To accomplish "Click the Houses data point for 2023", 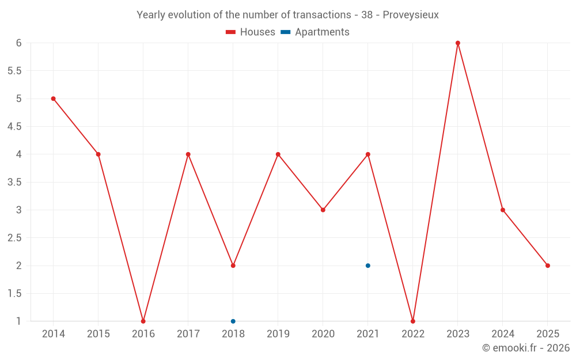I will [458, 43].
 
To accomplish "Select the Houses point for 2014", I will [54, 98].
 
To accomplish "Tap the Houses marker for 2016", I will [143, 321].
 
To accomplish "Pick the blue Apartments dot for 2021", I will [368, 266].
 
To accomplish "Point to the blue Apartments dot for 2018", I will [233, 321].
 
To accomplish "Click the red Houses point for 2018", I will [233, 266].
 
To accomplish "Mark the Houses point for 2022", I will [413, 321].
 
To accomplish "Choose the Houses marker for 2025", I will [548, 266].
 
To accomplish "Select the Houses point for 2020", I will [323, 210].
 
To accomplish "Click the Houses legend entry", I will [251, 32].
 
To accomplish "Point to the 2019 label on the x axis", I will [278, 334].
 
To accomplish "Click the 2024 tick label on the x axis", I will [503, 334].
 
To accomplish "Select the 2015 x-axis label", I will [98, 334].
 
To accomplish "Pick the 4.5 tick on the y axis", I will [14, 127].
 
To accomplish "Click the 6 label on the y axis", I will [18, 43].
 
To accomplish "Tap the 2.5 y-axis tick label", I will [14, 238].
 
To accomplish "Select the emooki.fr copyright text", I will [526, 348].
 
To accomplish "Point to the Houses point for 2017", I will [188, 154].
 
